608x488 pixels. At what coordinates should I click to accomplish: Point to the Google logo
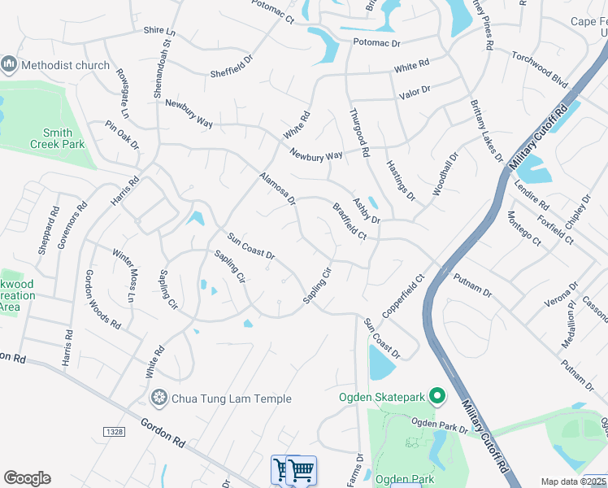click(x=27, y=478)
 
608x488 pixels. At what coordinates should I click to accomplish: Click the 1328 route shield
click(x=115, y=430)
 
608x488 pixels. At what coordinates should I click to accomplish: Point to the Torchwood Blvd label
click(x=539, y=68)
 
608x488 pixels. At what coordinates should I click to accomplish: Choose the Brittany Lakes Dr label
click(x=486, y=131)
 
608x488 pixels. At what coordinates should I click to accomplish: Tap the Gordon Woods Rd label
click(x=102, y=299)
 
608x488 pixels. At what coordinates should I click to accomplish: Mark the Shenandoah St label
click(x=163, y=62)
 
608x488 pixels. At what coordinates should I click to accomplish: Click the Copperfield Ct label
click(x=404, y=296)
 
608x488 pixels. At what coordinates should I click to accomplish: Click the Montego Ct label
click(x=523, y=228)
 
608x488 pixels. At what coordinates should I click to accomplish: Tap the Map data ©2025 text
click(x=574, y=481)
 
